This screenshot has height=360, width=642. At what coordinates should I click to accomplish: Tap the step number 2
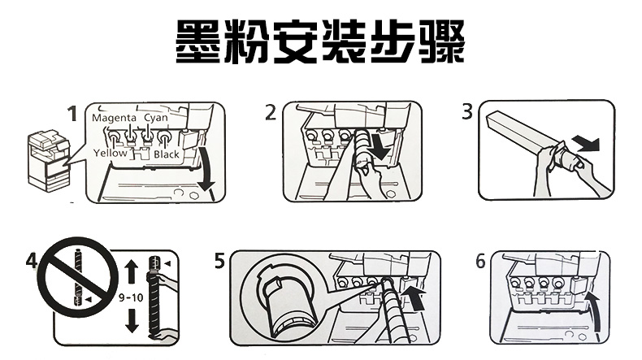click(x=271, y=113)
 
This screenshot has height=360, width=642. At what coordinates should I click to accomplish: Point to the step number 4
click(x=31, y=262)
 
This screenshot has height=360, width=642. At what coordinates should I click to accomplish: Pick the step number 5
click(x=220, y=262)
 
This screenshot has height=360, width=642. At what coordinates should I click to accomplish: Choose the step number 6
click(x=481, y=262)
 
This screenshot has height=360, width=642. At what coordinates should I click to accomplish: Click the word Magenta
click(x=114, y=118)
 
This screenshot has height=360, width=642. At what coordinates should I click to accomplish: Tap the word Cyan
click(x=155, y=118)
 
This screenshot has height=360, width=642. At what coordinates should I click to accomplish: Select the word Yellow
click(x=111, y=154)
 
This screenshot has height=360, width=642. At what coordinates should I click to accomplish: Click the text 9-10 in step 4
click(x=130, y=297)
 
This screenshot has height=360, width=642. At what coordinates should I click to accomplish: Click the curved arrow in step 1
click(x=209, y=172)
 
